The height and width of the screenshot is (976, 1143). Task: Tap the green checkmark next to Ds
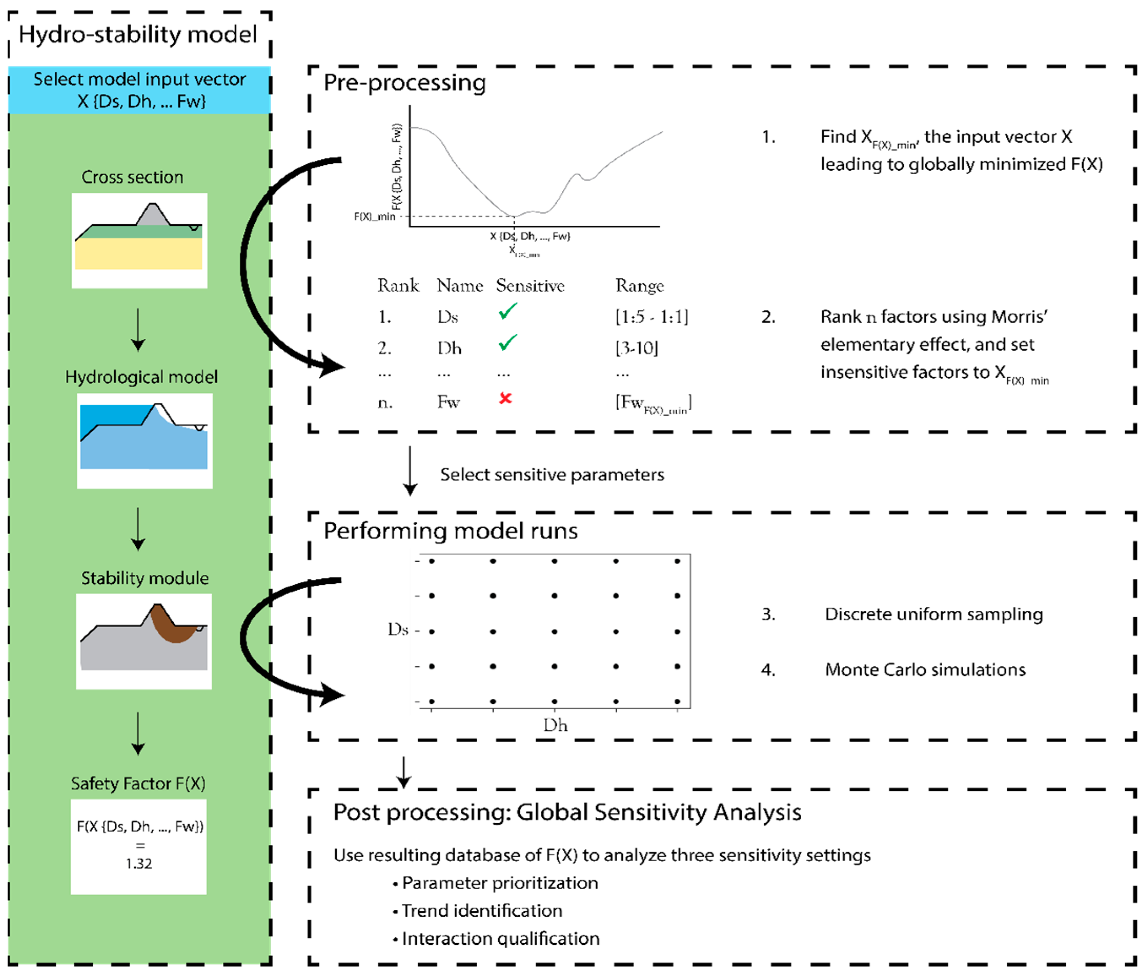508,312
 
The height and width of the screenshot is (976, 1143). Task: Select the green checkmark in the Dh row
508,343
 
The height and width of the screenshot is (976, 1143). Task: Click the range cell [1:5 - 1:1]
651,317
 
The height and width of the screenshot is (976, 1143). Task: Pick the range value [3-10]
637,348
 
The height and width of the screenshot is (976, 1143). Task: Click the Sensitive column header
530,286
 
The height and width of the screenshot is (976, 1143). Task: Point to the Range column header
639,286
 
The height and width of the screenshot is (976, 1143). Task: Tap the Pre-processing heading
404,83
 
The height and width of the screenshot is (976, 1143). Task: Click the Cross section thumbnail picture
139,240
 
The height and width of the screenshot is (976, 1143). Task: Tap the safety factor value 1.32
138,863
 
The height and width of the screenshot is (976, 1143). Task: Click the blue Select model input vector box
140,90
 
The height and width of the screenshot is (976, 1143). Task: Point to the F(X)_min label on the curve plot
375,216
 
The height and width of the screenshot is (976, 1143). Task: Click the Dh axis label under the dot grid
555,725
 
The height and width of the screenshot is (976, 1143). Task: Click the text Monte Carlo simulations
925,670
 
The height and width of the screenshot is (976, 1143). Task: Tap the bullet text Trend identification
481,911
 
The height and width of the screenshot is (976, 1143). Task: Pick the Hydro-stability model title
138,35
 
